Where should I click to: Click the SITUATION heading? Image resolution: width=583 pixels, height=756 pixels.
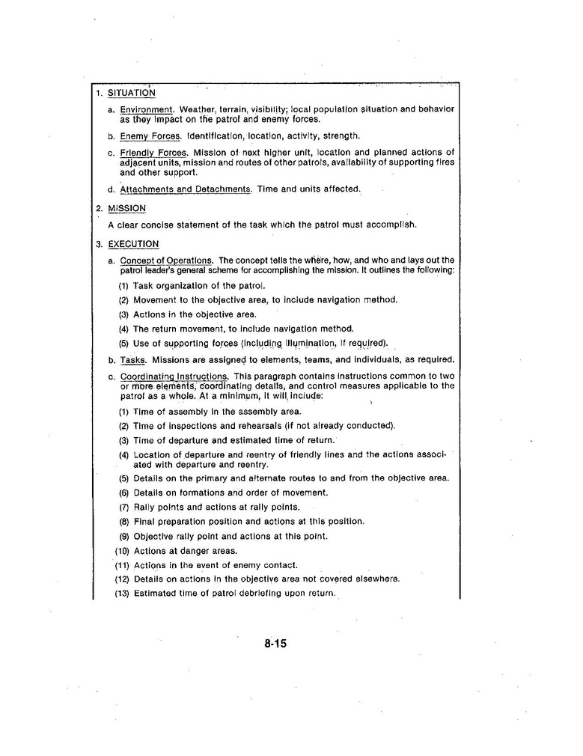point(132,94)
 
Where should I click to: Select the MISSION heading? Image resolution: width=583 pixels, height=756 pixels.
point(126,208)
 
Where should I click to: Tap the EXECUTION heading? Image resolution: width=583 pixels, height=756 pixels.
point(133,244)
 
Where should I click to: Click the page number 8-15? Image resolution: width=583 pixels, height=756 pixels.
point(275,644)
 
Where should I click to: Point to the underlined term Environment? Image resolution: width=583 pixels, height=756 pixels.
point(147,109)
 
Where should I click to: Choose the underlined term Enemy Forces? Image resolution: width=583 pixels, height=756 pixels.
point(150,136)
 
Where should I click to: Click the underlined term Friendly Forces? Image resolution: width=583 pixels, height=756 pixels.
point(153,153)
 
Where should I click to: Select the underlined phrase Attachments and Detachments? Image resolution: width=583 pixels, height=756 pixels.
point(186,189)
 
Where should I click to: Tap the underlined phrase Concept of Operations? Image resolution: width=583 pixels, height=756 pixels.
point(166,260)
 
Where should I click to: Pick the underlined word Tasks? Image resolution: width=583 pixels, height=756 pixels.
point(133,359)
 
